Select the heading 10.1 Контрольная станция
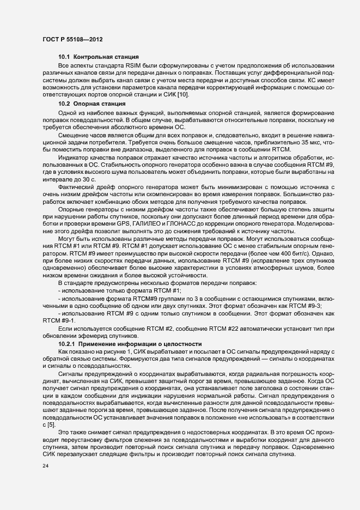click(98, 57)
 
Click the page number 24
click(46, 465)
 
